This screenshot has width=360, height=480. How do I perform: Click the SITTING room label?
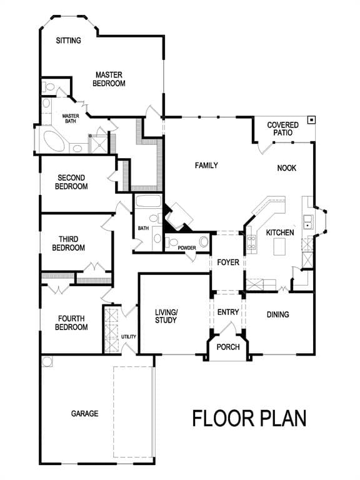69,41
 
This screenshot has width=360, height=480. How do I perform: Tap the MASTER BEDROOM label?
109,79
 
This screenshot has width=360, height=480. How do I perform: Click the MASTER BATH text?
71,119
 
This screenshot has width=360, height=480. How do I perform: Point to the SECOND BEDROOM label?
71,182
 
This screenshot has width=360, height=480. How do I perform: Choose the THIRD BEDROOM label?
69,243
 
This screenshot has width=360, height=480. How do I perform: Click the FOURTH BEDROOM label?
71,323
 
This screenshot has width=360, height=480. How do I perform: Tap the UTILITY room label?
129,337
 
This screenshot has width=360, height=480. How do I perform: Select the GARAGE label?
85,414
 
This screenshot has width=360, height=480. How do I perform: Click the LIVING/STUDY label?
166,316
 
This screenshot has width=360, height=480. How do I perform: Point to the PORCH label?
228,347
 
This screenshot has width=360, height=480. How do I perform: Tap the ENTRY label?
228,312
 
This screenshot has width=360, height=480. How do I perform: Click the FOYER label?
228,262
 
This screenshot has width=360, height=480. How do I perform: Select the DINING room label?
278,315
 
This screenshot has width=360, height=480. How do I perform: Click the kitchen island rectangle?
279,247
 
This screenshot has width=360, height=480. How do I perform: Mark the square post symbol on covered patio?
312,120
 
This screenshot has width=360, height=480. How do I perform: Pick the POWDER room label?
187,248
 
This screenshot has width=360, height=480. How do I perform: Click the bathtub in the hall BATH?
148,201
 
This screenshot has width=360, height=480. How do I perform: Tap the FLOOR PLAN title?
249,419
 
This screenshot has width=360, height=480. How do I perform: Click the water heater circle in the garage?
47,361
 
